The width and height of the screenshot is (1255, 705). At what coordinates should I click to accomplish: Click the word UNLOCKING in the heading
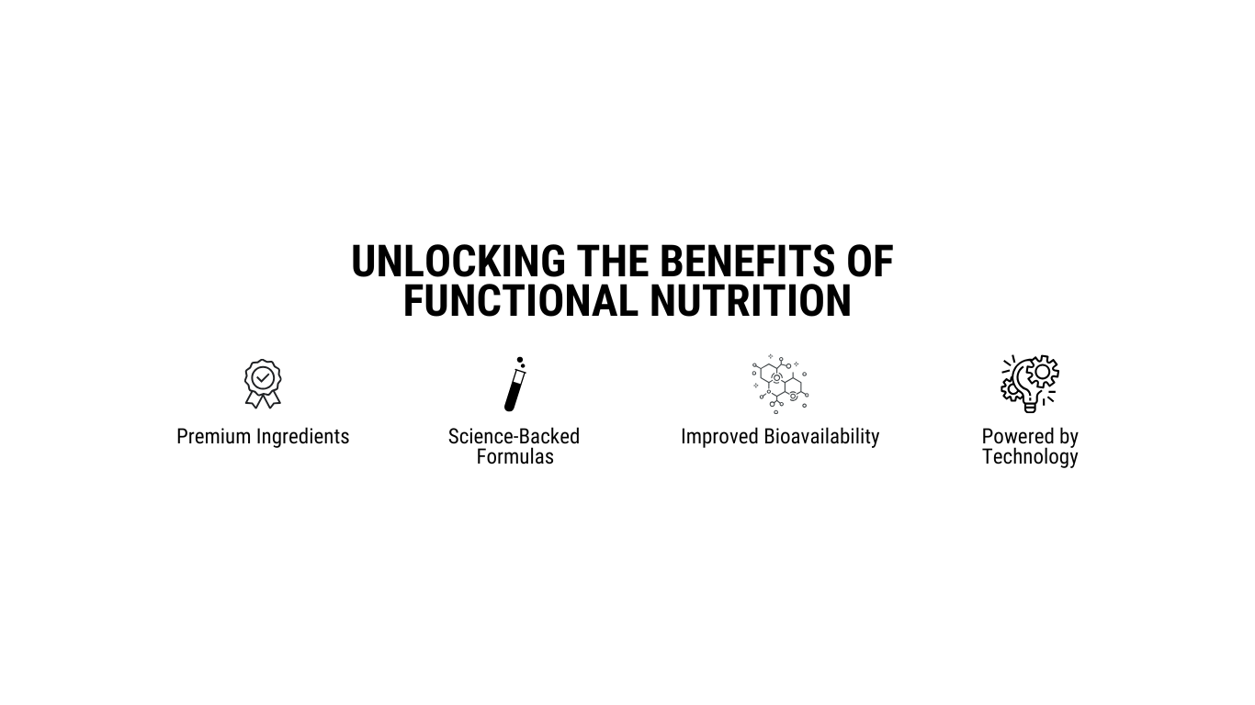[458, 262]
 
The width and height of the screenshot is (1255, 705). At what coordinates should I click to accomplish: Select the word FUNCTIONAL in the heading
[521, 301]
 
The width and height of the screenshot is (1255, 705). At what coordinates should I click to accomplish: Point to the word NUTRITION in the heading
[751, 301]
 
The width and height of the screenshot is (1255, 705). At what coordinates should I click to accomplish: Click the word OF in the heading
[870, 262]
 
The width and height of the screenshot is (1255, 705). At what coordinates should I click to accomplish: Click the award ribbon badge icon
[263, 384]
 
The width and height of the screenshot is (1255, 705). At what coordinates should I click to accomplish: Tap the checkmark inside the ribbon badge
[263, 378]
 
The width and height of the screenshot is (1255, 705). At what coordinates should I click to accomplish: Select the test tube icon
[515, 384]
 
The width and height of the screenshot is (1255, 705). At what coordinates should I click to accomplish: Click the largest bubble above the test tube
[520, 360]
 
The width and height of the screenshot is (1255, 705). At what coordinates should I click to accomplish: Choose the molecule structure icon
[780, 384]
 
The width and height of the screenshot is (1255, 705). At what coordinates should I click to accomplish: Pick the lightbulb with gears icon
[1030, 384]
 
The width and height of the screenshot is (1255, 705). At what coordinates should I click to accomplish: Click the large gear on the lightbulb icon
[1042, 371]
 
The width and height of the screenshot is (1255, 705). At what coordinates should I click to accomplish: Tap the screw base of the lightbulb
[1030, 408]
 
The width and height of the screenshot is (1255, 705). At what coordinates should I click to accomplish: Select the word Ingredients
[302, 437]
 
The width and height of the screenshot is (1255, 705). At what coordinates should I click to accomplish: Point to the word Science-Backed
[514, 437]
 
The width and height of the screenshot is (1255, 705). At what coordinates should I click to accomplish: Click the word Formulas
[514, 457]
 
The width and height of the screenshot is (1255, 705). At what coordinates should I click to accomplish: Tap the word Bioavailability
[821, 437]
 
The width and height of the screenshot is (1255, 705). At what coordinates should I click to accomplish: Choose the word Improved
[719, 437]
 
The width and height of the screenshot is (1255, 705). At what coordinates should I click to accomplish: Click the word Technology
[1030, 457]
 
